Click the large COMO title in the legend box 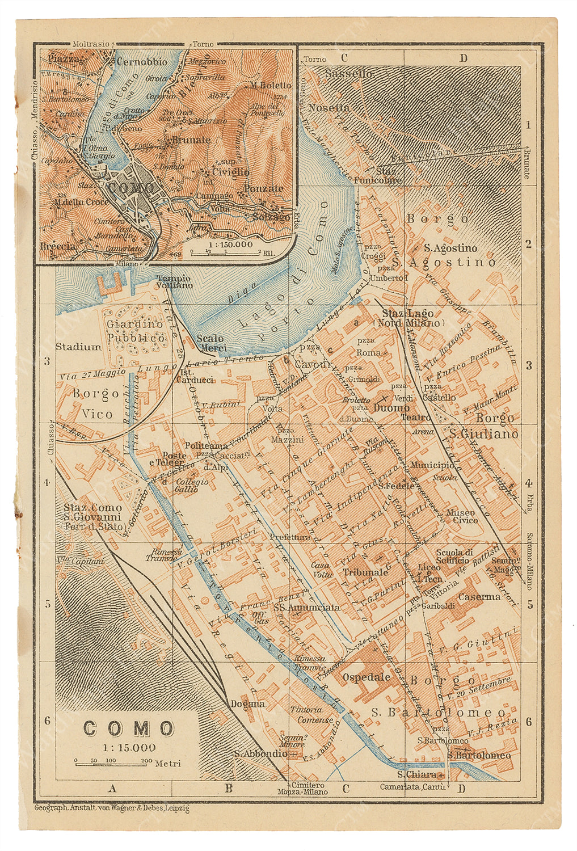(129, 729)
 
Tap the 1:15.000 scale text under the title (129, 748)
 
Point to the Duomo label (391, 408)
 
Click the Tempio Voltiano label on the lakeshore (174, 282)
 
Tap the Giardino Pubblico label (135, 331)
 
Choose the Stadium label (78, 347)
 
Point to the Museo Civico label (461, 516)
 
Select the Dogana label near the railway (247, 704)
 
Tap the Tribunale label (365, 572)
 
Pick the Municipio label (432, 465)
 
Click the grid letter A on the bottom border (112, 787)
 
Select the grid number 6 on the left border (48, 721)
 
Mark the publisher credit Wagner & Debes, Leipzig (112, 808)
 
